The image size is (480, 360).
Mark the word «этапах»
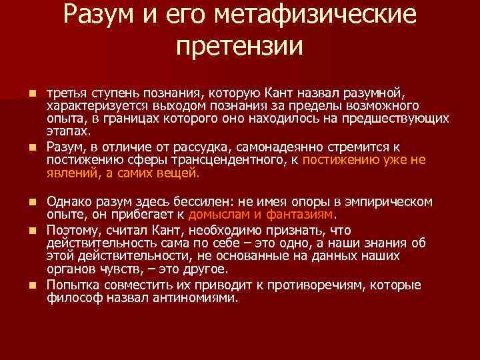tap(67, 133)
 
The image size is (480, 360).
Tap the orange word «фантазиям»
tap(299, 215)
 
